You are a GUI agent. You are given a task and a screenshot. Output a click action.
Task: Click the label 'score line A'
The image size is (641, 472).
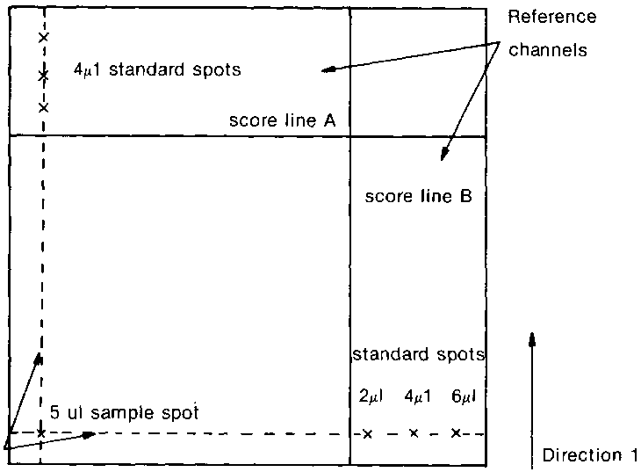(x=282, y=120)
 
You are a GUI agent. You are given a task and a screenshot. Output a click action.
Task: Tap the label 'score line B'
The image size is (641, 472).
(x=418, y=196)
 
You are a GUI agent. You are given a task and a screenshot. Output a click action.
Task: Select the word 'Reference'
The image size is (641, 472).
(x=555, y=17)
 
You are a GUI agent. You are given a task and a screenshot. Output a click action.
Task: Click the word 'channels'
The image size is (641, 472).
(x=548, y=50)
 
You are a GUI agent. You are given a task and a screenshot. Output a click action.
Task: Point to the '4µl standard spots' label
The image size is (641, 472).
(x=157, y=69)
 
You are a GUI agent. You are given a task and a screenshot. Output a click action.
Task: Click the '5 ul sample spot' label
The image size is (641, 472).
(x=124, y=411)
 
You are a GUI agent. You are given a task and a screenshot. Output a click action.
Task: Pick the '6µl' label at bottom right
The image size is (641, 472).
(x=462, y=396)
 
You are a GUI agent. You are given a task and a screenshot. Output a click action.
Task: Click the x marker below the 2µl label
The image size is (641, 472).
(x=368, y=433)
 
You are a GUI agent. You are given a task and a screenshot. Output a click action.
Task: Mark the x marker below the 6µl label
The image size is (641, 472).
(x=456, y=432)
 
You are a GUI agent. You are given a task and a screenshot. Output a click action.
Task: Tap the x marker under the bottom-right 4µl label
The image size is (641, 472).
(x=414, y=432)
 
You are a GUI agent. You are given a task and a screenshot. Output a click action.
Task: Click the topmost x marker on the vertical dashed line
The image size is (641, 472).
(x=43, y=37)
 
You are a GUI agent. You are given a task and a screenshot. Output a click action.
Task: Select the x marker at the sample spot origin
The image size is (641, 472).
(x=41, y=433)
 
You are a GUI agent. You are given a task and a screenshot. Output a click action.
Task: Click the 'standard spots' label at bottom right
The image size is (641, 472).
(x=418, y=355)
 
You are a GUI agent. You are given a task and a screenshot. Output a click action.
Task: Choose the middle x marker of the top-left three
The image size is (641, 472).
(x=42, y=76)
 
